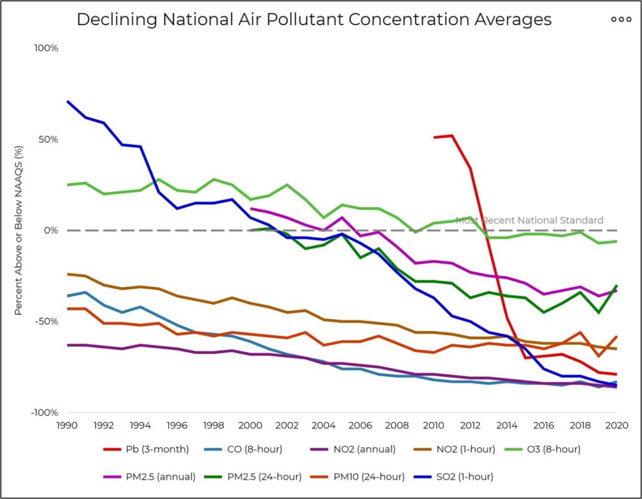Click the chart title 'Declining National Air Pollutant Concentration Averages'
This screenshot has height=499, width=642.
pyautogui.click(x=314, y=19)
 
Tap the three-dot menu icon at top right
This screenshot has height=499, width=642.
pyautogui.click(x=621, y=19)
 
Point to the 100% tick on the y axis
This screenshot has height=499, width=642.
pyautogui.click(x=46, y=48)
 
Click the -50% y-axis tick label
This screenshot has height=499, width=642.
pyautogui.click(x=45, y=322)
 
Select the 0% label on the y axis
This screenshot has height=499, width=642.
pyautogui.click(x=50, y=231)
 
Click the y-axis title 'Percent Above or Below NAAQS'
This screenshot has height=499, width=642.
pyautogui.click(x=19, y=231)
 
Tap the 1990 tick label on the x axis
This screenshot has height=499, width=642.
pyautogui.click(x=67, y=425)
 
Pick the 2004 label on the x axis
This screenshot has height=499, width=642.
pyautogui.click(x=324, y=425)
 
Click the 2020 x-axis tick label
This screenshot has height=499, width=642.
pyautogui.click(x=616, y=425)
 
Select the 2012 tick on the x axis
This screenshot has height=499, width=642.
pyautogui.click(x=470, y=425)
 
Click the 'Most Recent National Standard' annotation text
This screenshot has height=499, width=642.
pyautogui.click(x=529, y=220)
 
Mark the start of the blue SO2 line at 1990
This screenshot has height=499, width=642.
pyautogui.click(x=67, y=102)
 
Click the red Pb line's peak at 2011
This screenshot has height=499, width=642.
pyautogui.click(x=451, y=135)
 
